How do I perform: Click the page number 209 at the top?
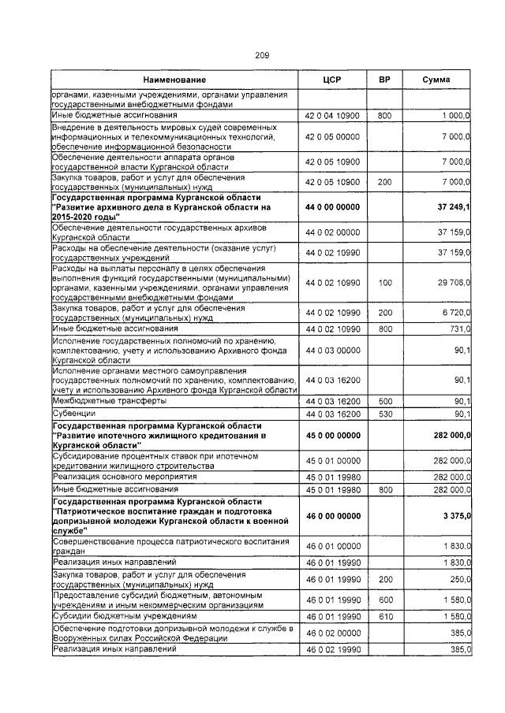(x=262, y=54)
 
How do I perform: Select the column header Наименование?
(x=174, y=80)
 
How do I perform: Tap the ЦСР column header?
(x=331, y=80)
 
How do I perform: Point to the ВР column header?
(x=384, y=80)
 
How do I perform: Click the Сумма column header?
(x=436, y=80)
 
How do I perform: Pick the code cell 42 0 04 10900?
(x=332, y=116)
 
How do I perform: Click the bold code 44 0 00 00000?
(x=332, y=206)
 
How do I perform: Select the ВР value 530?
(x=384, y=413)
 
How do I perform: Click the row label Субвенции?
(x=73, y=413)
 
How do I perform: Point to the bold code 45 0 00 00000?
(x=332, y=436)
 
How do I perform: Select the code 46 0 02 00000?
(x=332, y=633)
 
